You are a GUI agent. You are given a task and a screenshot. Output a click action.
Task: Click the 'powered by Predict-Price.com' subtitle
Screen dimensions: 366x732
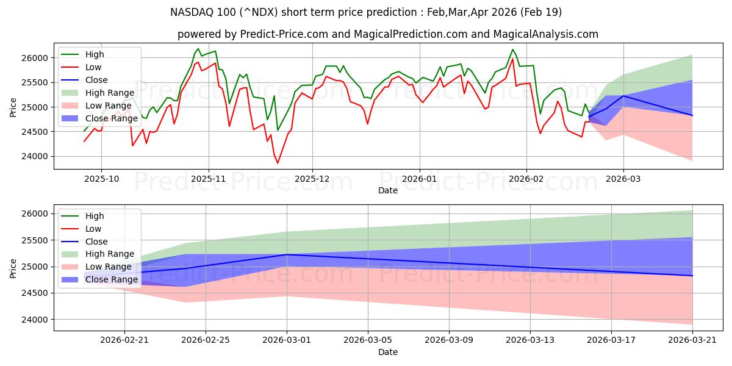click(388, 34)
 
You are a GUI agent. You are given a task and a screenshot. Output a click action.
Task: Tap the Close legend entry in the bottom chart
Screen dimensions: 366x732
click(95, 241)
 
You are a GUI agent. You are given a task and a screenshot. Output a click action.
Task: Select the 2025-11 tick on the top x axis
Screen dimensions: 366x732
click(209, 178)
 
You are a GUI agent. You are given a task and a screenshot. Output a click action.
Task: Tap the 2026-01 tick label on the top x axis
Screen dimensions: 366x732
click(419, 178)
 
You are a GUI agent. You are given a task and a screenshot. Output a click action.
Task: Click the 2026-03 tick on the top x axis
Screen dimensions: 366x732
click(623, 178)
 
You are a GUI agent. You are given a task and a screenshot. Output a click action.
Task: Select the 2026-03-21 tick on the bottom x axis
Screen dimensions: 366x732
click(692, 340)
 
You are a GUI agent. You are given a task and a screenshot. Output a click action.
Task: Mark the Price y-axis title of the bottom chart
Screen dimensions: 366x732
click(13, 267)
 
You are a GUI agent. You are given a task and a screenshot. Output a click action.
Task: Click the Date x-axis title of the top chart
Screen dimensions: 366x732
click(388, 190)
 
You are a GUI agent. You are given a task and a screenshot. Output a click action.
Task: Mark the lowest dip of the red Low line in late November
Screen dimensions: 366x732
click(278, 163)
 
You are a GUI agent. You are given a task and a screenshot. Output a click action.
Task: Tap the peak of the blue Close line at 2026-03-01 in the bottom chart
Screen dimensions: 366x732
click(287, 254)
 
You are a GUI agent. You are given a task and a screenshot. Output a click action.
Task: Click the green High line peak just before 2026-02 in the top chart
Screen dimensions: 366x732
click(512, 49)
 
